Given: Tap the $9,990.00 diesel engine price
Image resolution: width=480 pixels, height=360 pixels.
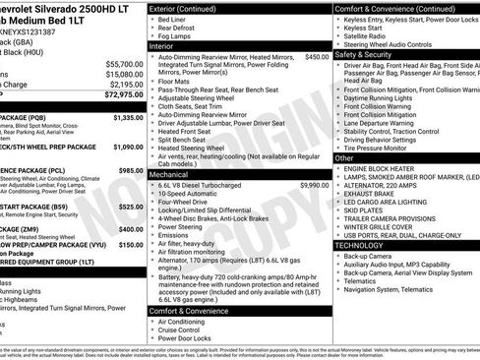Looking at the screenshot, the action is coord(314,185).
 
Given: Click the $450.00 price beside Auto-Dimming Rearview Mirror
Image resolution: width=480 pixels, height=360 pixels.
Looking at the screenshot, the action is coord(317,57).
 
